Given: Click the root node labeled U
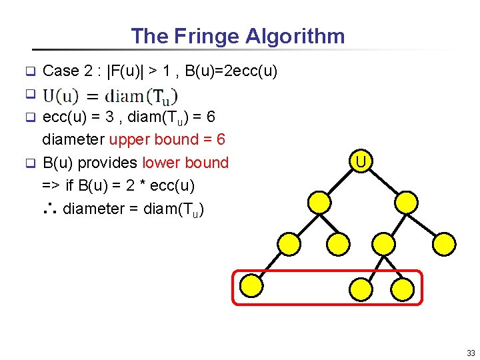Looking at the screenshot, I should [x=360, y=162].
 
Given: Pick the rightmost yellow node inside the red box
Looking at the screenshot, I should [x=402, y=287].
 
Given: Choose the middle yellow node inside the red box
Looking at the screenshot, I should [x=360, y=287].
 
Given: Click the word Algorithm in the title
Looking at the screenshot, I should [x=295, y=36].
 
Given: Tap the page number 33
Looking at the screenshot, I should [x=471, y=353].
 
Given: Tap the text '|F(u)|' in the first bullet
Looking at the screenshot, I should [x=128, y=71].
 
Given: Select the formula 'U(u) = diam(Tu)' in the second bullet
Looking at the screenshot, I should [x=110, y=95].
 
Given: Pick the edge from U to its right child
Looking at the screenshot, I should [x=383, y=182].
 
